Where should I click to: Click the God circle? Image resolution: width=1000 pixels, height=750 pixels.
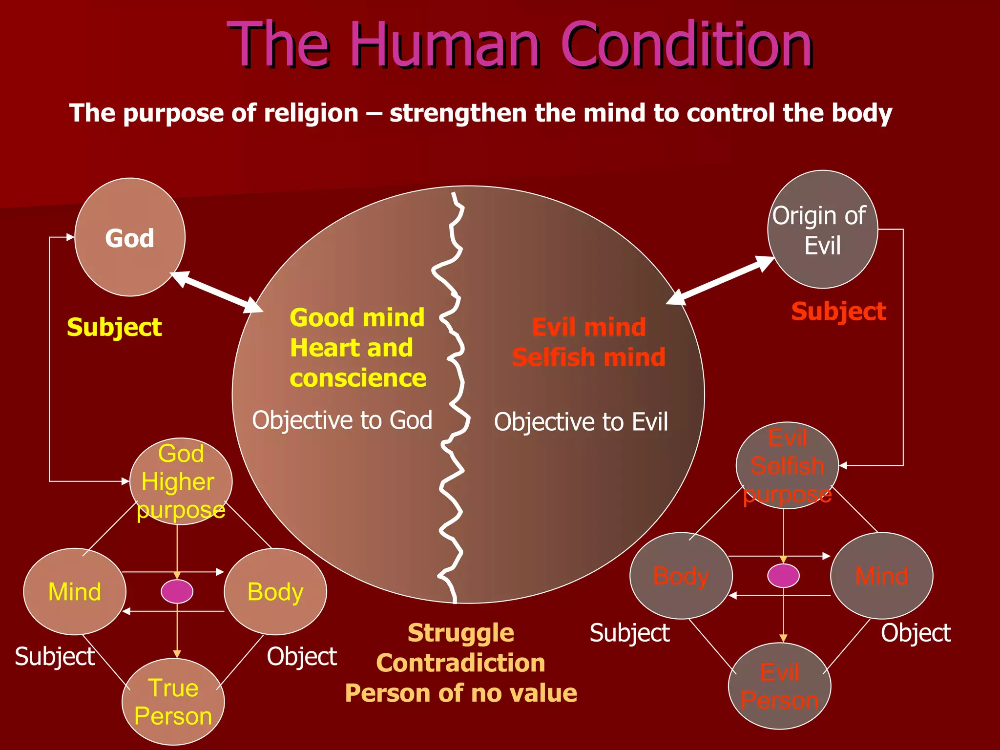129,237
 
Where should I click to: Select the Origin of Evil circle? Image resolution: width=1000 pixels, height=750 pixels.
822,229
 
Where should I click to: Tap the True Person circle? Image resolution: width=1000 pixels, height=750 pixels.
173,702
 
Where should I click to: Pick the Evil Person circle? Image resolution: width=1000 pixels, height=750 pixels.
779,686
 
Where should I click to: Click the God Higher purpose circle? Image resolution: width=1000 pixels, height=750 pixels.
181,481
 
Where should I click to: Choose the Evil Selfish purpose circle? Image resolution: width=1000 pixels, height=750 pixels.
787,465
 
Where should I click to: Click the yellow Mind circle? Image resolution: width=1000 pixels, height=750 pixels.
75,592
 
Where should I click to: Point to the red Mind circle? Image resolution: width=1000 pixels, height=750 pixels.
881,576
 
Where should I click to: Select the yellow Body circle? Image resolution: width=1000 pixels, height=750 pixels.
275,592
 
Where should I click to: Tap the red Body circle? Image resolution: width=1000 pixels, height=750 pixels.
681,576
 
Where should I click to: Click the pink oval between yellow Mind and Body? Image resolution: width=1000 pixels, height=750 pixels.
177,592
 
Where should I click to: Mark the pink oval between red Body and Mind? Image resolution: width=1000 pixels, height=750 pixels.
783,576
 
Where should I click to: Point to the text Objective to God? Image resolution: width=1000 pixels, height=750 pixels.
342,420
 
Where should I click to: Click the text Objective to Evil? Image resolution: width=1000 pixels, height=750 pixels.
581,422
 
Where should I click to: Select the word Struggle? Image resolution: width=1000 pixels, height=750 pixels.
460,633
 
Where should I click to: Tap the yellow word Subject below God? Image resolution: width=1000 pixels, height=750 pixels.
114,327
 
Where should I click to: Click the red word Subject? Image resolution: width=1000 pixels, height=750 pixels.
838,312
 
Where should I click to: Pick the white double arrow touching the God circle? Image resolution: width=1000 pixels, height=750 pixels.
217,292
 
